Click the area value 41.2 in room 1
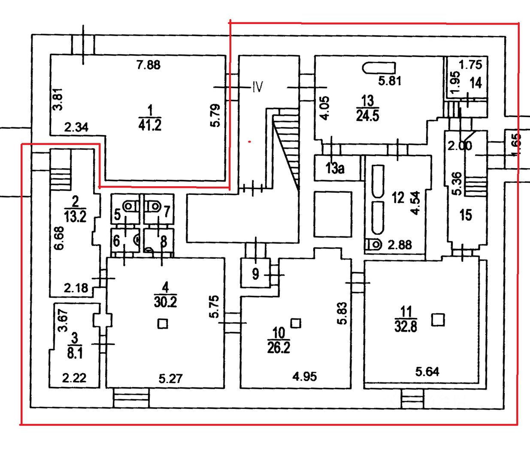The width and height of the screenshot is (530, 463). (x=150, y=125)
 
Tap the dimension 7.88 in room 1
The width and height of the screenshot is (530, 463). (x=148, y=65)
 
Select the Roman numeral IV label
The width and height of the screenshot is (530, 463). (x=257, y=88)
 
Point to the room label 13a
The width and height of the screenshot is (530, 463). (x=335, y=168)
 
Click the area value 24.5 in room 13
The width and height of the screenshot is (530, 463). (x=368, y=116)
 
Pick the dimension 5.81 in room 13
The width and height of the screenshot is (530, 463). (x=389, y=81)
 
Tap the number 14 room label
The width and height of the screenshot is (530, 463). (x=475, y=82)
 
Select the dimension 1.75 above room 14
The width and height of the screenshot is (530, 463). (x=470, y=65)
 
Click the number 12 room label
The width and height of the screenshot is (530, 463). (x=398, y=197)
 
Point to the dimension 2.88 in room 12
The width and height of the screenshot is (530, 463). (x=400, y=245)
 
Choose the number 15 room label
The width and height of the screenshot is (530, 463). (x=466, y=215)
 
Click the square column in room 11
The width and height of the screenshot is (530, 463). (x=438, y=320)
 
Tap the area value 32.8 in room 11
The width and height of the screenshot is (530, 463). (x=406, y=327)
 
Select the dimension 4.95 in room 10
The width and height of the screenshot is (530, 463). (x=305, y=377)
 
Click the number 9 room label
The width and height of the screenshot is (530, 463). (x=256, y=274)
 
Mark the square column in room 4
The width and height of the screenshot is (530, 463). (x=162, y=323)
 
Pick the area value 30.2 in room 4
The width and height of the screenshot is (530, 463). (x=165, y=302)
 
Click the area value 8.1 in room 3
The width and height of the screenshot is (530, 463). (x=75, y=354)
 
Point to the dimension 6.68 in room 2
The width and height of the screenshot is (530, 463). (x=59, y=238)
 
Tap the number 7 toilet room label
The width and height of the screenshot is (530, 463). (x=167, y=212)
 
